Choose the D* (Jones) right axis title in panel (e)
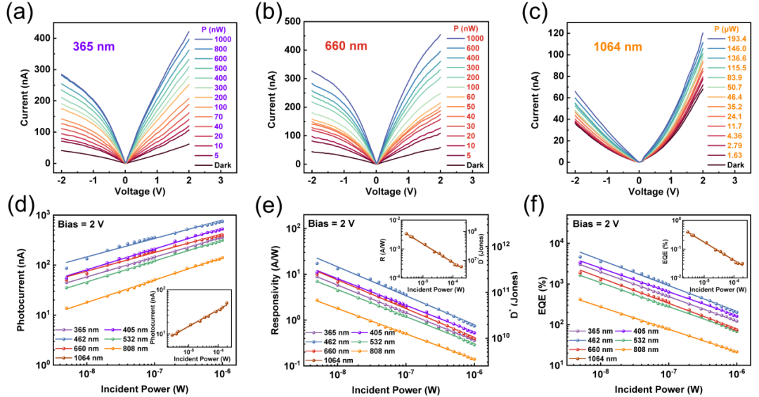pyautogui.click(x=505, y=288)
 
